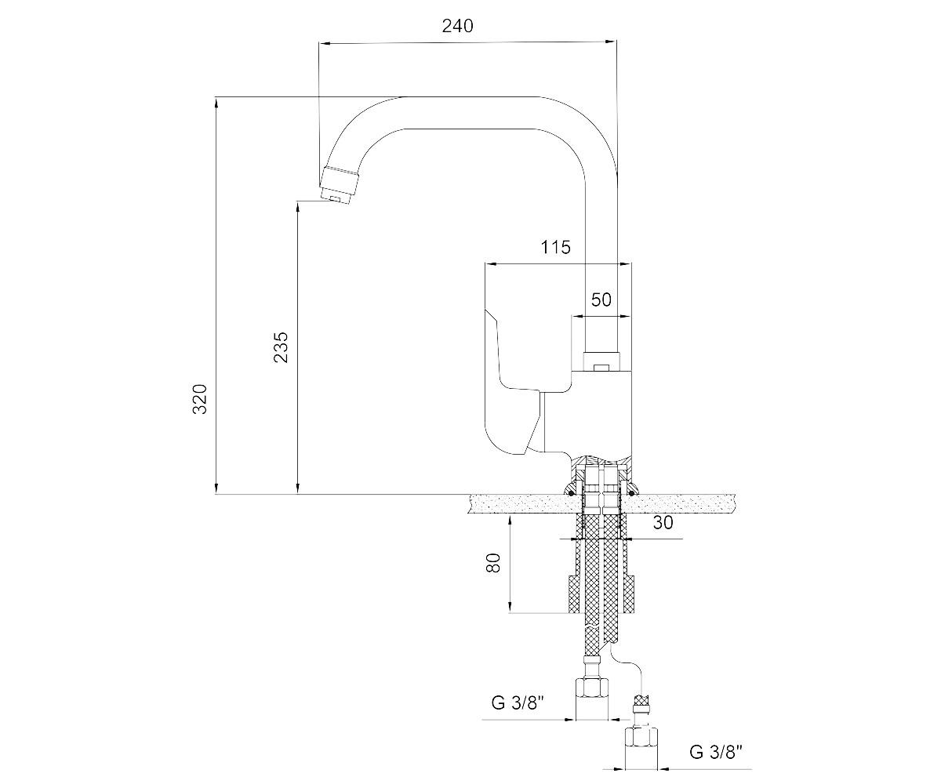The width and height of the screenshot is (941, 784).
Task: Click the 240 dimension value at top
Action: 457,26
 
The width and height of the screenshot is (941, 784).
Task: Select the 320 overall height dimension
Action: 200,399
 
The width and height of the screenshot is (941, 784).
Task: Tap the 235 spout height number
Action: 281,347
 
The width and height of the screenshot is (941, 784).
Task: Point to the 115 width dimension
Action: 555,247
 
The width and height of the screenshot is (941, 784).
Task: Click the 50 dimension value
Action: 601,299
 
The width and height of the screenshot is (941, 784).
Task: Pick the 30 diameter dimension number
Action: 663,522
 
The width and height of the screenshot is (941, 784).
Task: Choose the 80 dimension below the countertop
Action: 493,562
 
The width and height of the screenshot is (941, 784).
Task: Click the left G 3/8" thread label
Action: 518,702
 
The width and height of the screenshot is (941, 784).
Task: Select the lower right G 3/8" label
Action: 716,752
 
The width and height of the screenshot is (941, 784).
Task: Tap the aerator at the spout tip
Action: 339,185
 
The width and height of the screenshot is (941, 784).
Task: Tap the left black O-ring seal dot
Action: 571,494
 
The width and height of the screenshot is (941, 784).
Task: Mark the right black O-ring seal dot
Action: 631,494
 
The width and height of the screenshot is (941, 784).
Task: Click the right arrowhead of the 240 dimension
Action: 611,42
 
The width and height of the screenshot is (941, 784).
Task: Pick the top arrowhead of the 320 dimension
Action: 216,103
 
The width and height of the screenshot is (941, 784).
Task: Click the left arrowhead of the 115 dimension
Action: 490,264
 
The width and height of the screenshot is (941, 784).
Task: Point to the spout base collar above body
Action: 601,361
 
